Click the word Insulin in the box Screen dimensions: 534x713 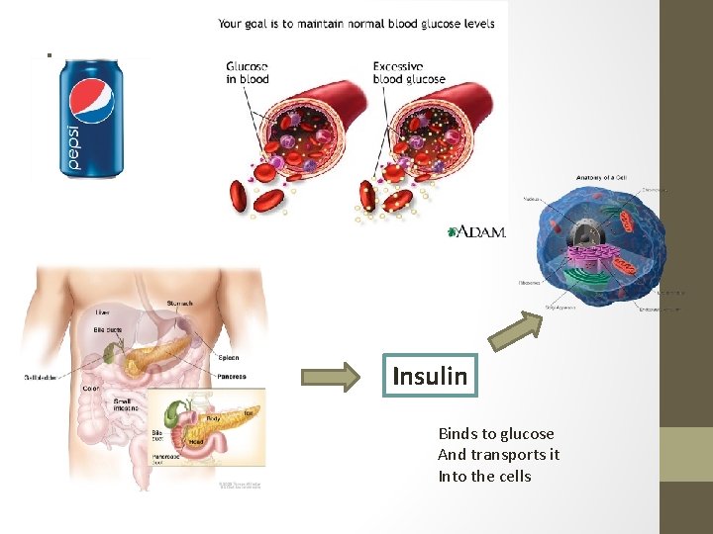pos(430,376)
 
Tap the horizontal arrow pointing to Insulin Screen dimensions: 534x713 pos(332,377)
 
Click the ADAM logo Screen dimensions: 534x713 pos(478,231)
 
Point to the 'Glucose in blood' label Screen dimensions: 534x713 pos(247,73)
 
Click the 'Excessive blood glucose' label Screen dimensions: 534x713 pos(409,73)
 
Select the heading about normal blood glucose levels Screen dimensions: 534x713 pos(356,23)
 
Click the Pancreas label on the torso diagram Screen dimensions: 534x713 pos(231,377)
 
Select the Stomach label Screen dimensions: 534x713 pos(180,304)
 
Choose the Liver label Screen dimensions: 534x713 pos(102,312)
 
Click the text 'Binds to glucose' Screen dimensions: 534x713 pos(496,433)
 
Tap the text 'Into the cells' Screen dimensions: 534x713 pos(484,476)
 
